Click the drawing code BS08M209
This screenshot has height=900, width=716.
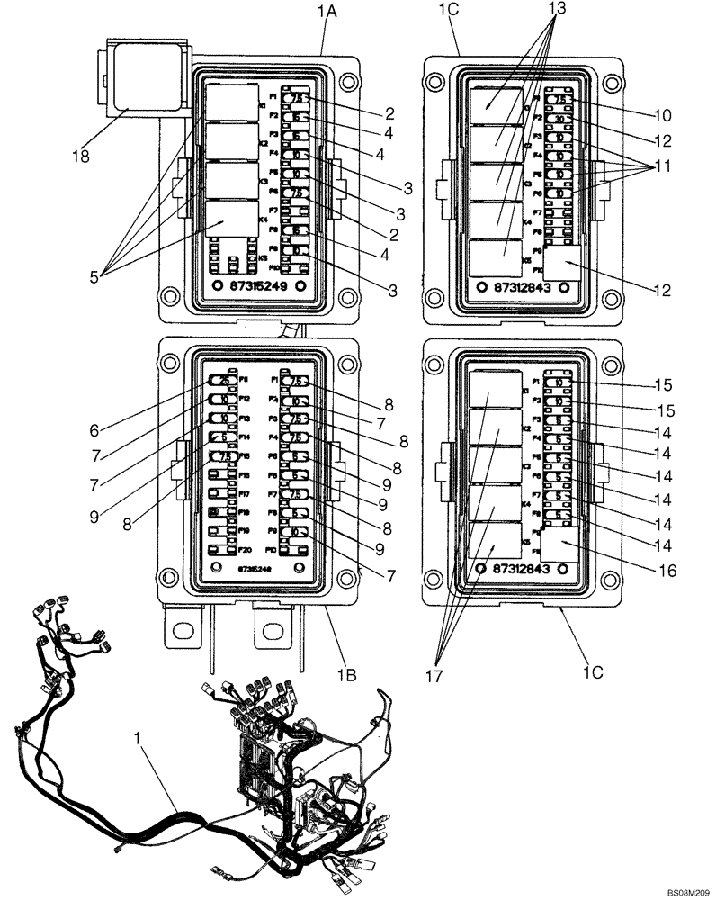(688, 890)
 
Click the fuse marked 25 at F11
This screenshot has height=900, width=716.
(219, 381)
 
